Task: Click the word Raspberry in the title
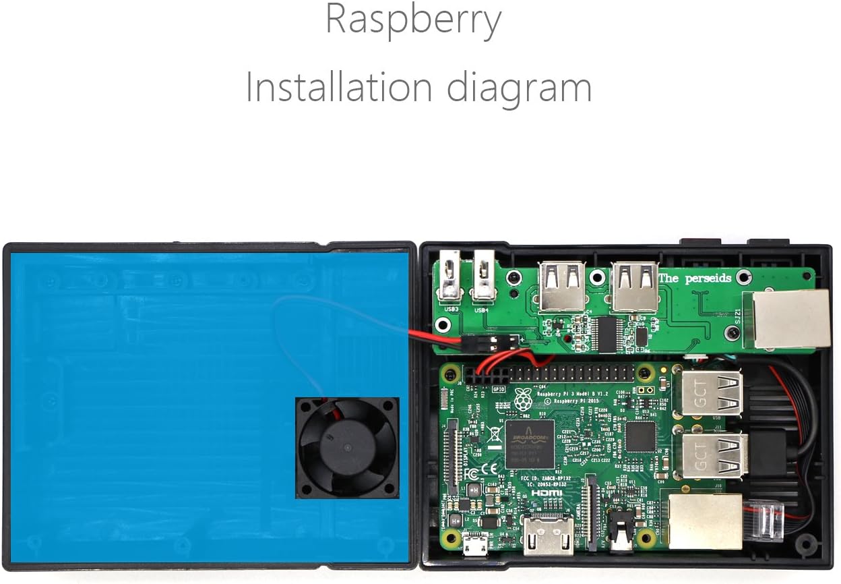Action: click(413, 21)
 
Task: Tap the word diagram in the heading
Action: click(520, 88)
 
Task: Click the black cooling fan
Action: click(347, 448)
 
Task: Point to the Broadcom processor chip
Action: click(530, 444)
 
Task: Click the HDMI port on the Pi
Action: click(548, 536)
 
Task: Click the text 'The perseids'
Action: click(695, 278)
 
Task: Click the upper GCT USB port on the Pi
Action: click(712, 394)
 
